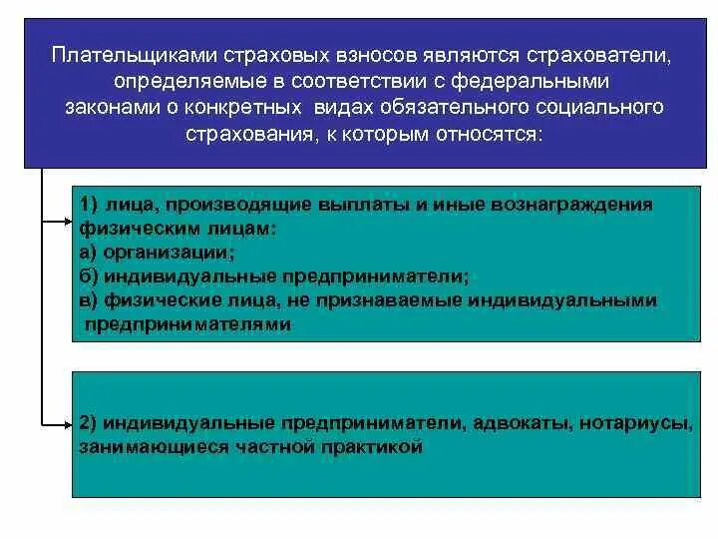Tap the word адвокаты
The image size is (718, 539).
pyautogui.click(x=505, y=424)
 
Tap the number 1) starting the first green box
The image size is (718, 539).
pyautogui.click(x=88, y=205)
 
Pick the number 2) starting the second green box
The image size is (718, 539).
pyautogui.click(x=88, y=424)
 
